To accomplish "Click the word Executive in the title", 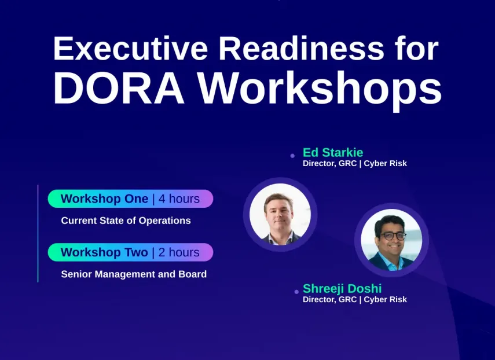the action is pyautogui.click(x=130, y=48).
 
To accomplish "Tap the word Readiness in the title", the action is pyautogui.click(x=301, y=48).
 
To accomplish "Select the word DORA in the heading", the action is pyautogui.click(x=119, y=88).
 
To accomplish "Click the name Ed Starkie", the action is pyautogui.click(x=333, y=152).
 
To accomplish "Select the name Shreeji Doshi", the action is pyautogui.click(x=342, y=288).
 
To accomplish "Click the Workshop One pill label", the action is pyautogui.click(x=104, y=199).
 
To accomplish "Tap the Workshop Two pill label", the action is pyautogui.click(x=104, y=252).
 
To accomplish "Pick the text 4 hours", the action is pyautogui.click(x=179, y=199).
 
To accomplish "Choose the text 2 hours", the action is pyautogui.click(x=179, y=252).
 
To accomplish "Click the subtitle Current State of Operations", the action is pyautogui.click(x=126, y=221).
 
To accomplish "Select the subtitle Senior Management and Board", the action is pyautogui.click(x=134, y=274).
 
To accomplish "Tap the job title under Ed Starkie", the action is pyautogui.click(x=355, y=163).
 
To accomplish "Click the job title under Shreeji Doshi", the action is pyautogui.click(x=355, y=299).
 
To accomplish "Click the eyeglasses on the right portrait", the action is pyautogui.click(x=393, y=236).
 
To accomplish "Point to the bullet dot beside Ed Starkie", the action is pyautogui.click(x=292, y=156).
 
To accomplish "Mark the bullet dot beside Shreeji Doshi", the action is pyautogui.click(x=296, y=292).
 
